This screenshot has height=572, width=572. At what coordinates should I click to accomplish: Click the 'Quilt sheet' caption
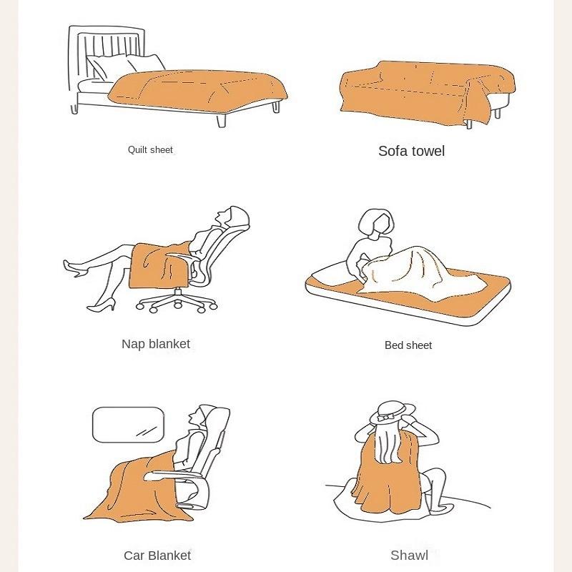150,150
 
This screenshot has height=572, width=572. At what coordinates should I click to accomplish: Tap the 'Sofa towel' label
411,151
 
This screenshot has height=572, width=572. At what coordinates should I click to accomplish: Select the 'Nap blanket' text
156,344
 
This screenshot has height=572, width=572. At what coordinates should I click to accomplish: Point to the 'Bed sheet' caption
408,345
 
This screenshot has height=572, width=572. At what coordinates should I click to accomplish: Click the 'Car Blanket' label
157,556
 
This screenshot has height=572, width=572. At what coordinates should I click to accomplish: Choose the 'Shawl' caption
409,556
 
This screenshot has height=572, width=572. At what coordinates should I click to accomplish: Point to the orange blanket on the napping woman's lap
157,265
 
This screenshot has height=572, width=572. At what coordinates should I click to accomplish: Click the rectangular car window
129,425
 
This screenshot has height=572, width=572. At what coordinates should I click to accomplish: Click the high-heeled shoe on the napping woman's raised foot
74,267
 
